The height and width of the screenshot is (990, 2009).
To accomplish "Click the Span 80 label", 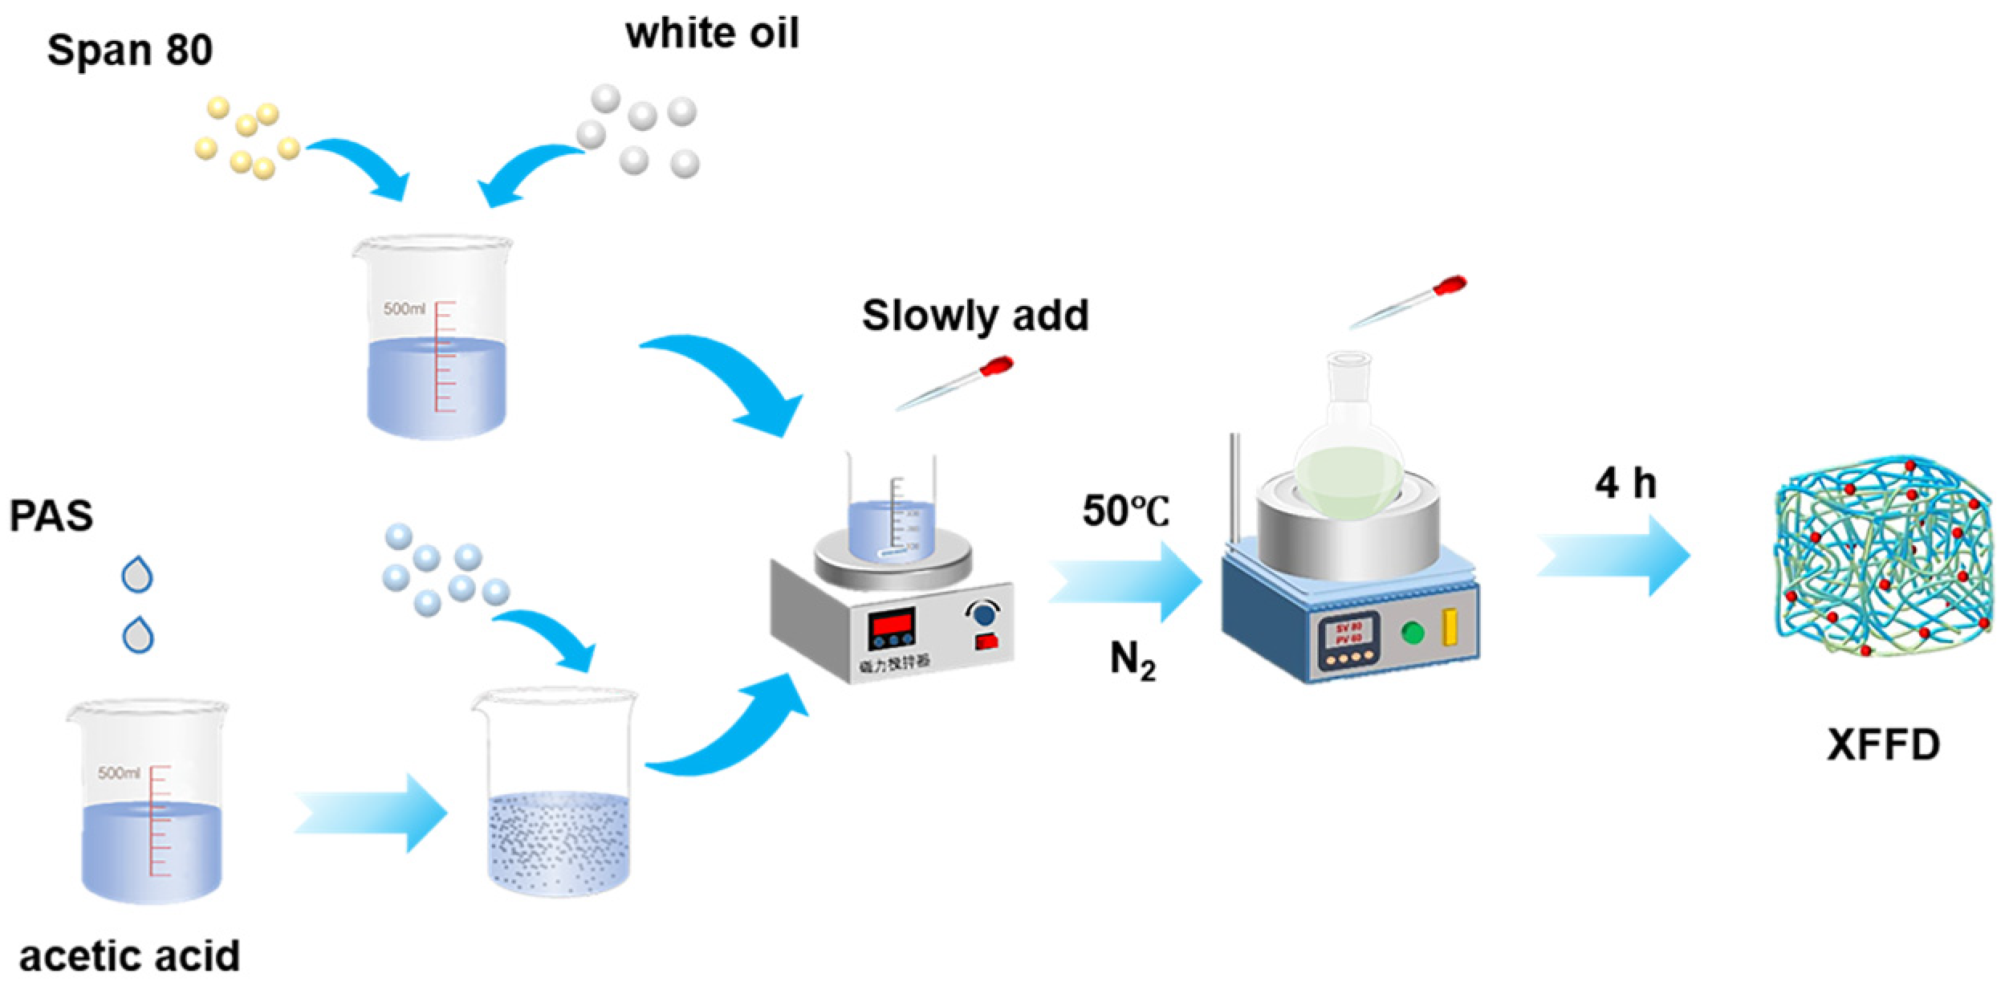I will point(130,50).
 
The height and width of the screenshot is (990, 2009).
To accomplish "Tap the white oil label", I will point(712,34).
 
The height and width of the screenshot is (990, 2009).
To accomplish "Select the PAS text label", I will point(51,515).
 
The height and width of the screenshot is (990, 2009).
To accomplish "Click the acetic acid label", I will point(129,956).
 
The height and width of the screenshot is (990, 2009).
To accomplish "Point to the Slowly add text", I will point(975,315).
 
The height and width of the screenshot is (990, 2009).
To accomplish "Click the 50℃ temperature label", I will point(1125,511).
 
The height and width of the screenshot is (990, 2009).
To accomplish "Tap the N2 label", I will point(1133,661).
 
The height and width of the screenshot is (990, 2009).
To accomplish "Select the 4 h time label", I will point(1625,483).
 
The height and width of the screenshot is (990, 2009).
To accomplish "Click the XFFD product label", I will point(1883,745).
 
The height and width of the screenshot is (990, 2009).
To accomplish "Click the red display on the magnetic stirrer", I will point(892,623).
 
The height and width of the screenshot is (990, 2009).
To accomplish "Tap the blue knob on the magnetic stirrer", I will point(984,614).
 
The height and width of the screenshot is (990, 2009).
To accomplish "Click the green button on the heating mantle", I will point(1413,633).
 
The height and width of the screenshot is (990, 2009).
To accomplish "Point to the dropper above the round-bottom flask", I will point(1409,303).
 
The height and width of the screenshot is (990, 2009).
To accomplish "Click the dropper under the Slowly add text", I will point(955,384).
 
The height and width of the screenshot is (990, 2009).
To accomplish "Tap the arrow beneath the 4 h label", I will point(1613,556).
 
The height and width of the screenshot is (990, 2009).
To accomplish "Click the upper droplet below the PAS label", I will point(137,575).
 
